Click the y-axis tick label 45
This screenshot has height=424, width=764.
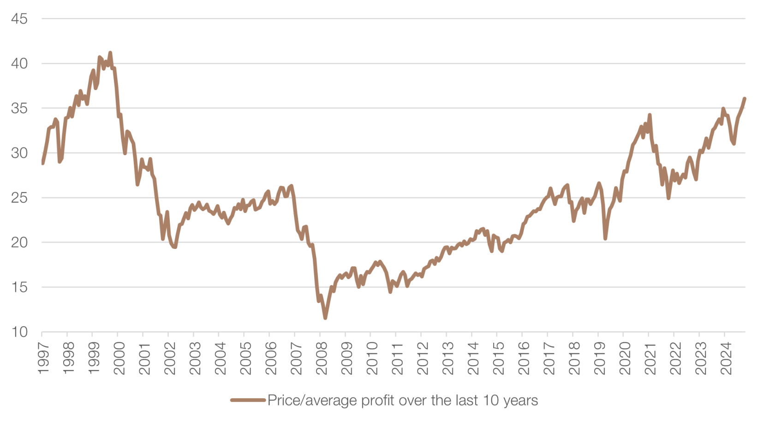pyautogui.click(x=19, y=19)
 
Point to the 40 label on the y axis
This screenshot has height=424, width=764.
pyautogui.click(x=19, y=64)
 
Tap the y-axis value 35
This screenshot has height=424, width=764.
pyautogui.click(x=19, y=109)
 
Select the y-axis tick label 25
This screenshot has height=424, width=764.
pyautogui.click(x=19, y=198)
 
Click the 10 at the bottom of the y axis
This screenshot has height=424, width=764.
pyautogui.click(x=19, y=332)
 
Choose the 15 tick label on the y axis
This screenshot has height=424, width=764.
pyautogui.click(x=19, y=287)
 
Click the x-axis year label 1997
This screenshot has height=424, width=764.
pyautogui.click(x=43, y=358)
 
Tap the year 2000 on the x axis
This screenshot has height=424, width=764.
pyautogui.click(x=119, y=358)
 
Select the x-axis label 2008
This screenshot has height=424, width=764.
pyautogui.click(x=321, y=358)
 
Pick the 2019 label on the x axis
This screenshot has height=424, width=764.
pyautogui.click(x=599, y=358)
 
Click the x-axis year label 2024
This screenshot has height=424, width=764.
pyautogui.click(x=726, y=358)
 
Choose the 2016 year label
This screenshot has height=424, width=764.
pyautogui.click(x=523, y=358)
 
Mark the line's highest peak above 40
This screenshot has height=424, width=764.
pyautogui.click(x=110, y=53)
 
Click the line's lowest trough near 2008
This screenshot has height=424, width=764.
pyautogui.click(x=325, y=318)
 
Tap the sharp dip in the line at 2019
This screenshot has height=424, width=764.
pyautogui.click(x=605, y=238)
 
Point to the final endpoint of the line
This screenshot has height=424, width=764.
pyautogui.click(x=745, y=98)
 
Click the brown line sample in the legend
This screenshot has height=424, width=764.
pyautogui.click(x=248, y=400)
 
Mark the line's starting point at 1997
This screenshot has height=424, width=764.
pyautogui.click(x=42, y=163)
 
